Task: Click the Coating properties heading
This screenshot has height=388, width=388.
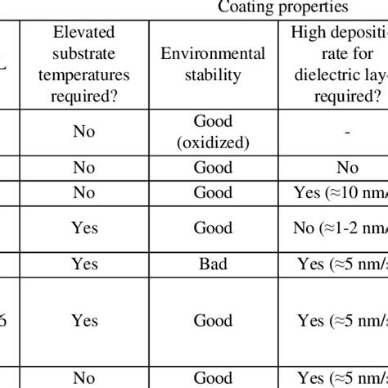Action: pyautogui.click(x=282, y=8)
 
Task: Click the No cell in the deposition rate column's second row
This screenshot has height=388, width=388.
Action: pyautogui.click(x=346, y=168)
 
